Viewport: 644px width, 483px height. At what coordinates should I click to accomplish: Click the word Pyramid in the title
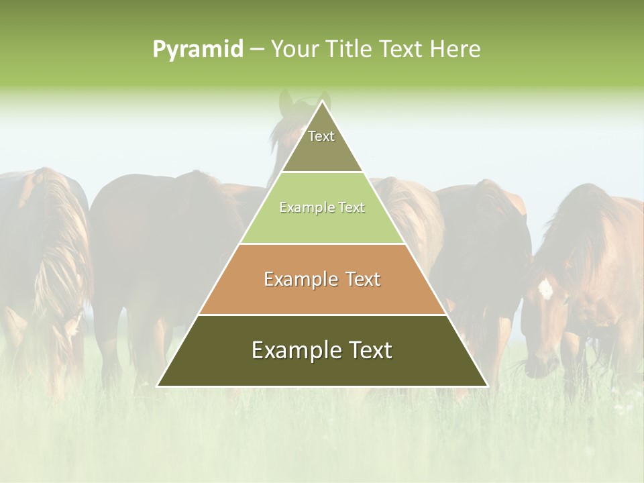[198, 50]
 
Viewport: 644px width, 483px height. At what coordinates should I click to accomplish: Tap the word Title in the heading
[353, 50]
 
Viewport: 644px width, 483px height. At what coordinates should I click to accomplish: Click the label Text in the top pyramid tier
[321, 136]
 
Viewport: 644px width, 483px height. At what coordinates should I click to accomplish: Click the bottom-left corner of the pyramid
[158, 386]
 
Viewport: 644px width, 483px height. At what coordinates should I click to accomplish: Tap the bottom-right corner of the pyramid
[487, 386]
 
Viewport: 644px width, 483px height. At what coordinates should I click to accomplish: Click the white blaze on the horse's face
[545, 289]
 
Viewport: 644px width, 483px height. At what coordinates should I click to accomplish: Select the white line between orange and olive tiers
[323, 315]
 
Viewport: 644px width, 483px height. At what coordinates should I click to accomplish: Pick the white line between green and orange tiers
[323, 244]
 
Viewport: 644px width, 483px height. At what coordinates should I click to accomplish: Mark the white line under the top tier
[323, 172]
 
